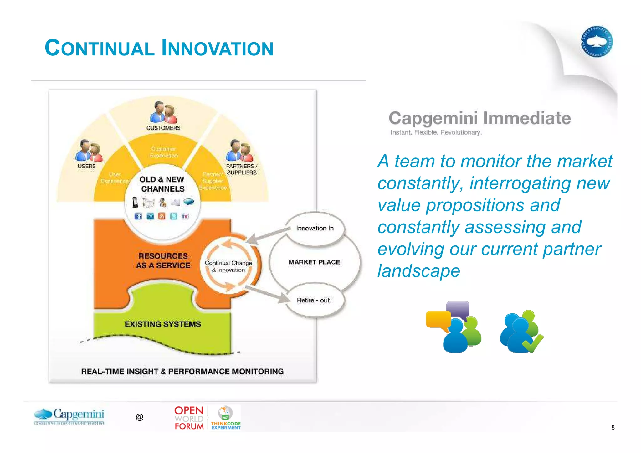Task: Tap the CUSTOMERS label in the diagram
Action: click(x=163, y=128)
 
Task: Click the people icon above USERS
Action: click(x=89, y=151)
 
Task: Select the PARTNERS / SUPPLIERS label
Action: click(x=241, y=169)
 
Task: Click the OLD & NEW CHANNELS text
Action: click(x=162, y=184)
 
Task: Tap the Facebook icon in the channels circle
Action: click(x=138, y=216)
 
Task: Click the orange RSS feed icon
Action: click(x=162, y=216)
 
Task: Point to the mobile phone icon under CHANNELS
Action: click(x=135, y=203)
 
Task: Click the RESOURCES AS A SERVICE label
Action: click(x=163, y=261)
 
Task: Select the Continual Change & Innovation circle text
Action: click(x=228, y=266)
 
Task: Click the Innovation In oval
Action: click(x=315, y=228)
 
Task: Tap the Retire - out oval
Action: click(x=313, y=300)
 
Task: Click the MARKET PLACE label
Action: click(x=314, y=262)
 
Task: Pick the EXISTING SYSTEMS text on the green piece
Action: click(x=163, y=324)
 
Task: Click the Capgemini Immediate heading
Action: click(x=479, y=118)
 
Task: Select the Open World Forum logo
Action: click(x=189, y=418)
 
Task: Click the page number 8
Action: click(x=613, y=427)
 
